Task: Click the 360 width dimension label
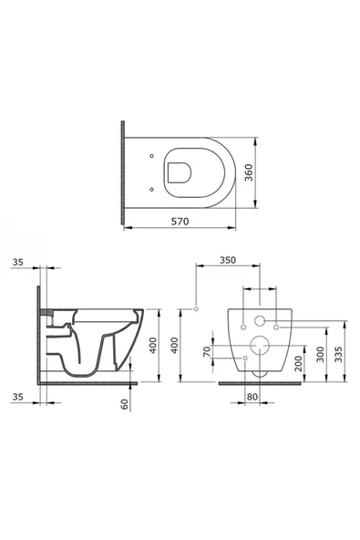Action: pyautogui.click(x=249, y=173)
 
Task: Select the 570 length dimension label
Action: pyautogui.click(x=180, y=222)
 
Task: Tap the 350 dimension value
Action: pyautogui.click(x=228, y=260)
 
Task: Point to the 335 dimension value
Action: pyautogui.click(x=339, y=354)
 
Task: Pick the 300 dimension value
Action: pyautogui.click(x=320, y=354)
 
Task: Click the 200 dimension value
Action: pyautogui.click(x=298, y=363)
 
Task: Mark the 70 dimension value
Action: pyautogui.click(x=207, y=351)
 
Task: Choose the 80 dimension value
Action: pyautogui.click(x=252, y=397)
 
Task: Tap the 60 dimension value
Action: pyautogui.click(x=125, y=403)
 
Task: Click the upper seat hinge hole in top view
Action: pyautogui.click(x=152, y=156)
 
